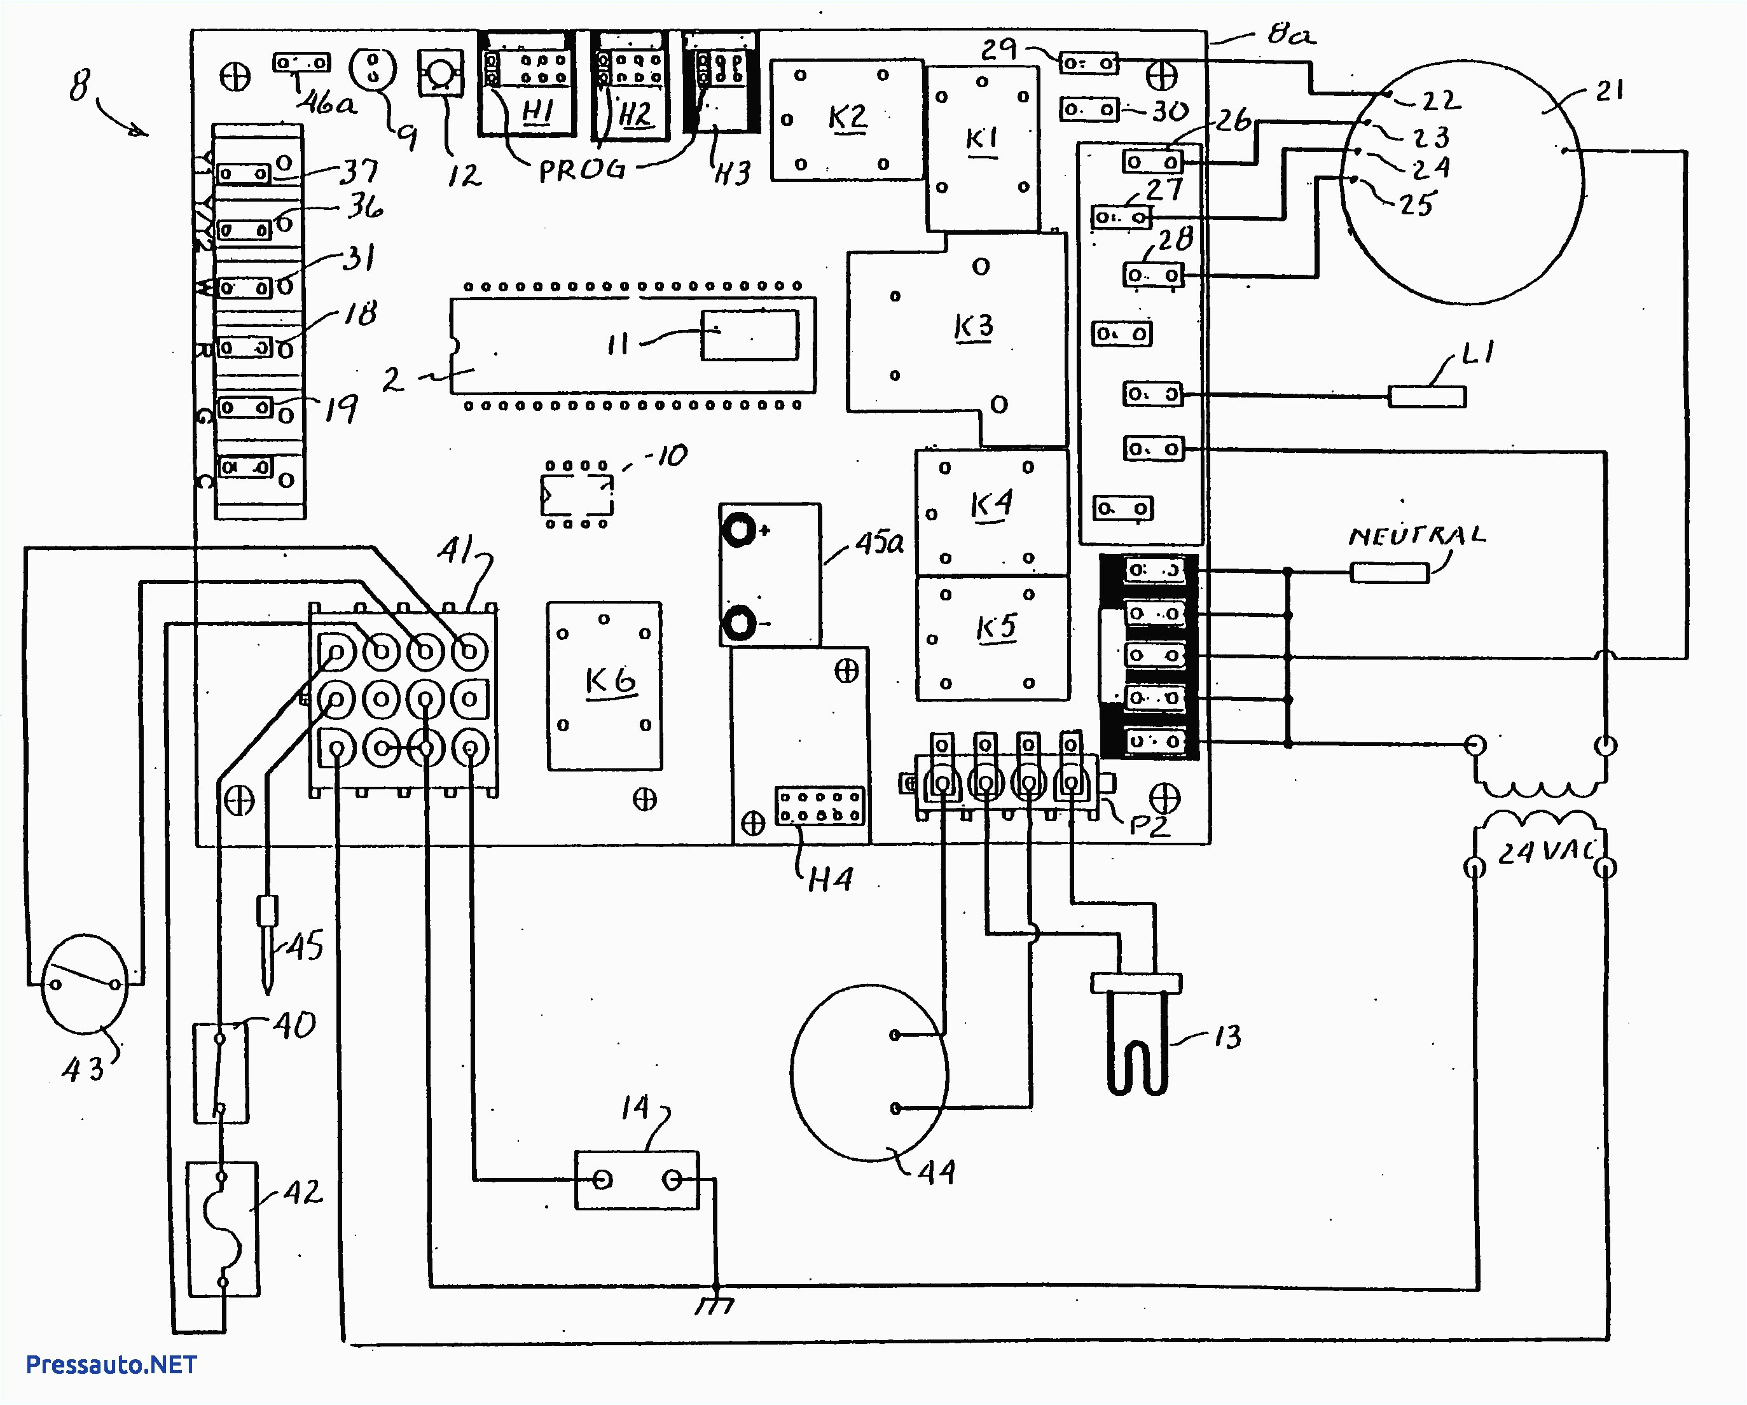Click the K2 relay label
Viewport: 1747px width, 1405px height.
(x=848, y=118)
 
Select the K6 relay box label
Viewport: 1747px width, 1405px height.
(x=610, y=681)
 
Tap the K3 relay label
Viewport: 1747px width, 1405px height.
(x=973, y=328)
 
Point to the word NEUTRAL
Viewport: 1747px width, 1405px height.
(x=1416, y=536)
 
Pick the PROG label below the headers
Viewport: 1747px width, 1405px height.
(x=582, y=170)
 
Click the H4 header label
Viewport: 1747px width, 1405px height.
(x=830, y=880)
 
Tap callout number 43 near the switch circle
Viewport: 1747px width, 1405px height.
(x=83, y=1070)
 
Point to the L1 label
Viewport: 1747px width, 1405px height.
(x=1478, y=353)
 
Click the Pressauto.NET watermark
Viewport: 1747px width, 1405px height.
(x=111, y=1364)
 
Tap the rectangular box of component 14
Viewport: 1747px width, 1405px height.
(x=636, y=1180)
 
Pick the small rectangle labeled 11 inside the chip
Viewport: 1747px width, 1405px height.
(x=750, y=335)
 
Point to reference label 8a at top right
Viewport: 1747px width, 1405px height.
(x=1291, y=34)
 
